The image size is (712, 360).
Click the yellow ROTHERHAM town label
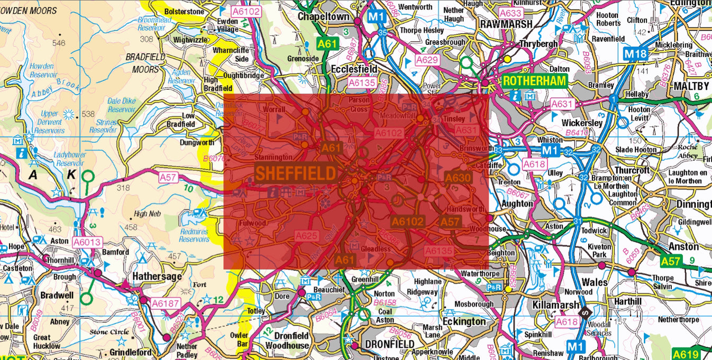click(x=534, y=81)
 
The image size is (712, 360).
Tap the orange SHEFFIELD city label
click(x=296, y=173)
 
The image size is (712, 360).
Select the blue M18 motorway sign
click(x=635, y=54)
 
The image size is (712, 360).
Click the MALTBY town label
click(x=691, y=86)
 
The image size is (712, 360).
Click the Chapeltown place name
click(x=324, y=16)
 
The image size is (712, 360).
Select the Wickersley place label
click(x=582, y=123)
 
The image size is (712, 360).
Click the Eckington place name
click(x=463, y=321)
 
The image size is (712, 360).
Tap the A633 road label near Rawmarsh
click(x=510, y=13)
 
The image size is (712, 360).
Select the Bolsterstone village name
click(x=184, y=11)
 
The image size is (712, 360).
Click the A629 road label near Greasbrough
click(x=427, y=60)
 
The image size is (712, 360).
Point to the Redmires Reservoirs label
click(x=194, y=235)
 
